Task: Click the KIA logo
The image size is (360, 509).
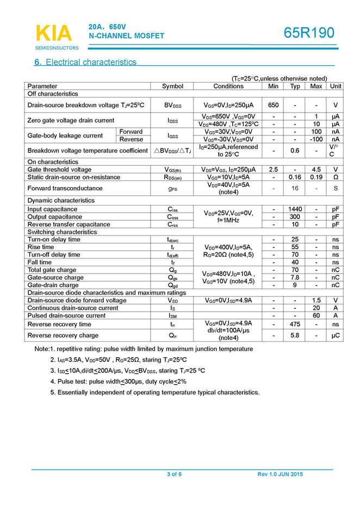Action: (53, 33)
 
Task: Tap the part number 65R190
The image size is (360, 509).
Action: (309, 34)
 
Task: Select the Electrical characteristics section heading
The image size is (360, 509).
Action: (85, 63)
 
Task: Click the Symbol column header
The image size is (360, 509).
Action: (173, 86)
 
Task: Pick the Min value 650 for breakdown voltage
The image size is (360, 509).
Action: (274, 105)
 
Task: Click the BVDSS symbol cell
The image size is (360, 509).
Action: (173, 105)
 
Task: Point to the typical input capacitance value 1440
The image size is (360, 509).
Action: (295, 209)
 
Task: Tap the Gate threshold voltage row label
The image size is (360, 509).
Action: (59, 170)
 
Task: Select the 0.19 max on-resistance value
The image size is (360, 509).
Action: (316, 177)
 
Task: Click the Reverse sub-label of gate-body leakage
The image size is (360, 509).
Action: (131, 139)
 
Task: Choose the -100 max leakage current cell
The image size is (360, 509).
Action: (316, 139)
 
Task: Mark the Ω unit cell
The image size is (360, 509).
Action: (336, 177)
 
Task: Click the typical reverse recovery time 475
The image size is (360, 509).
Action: (295, 324)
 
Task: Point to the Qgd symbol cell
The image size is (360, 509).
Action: (173, 285)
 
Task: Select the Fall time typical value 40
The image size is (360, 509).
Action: (295, 262)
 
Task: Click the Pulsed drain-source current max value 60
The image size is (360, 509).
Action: (316, 315)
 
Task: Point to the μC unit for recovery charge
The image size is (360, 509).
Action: (336, 336)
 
